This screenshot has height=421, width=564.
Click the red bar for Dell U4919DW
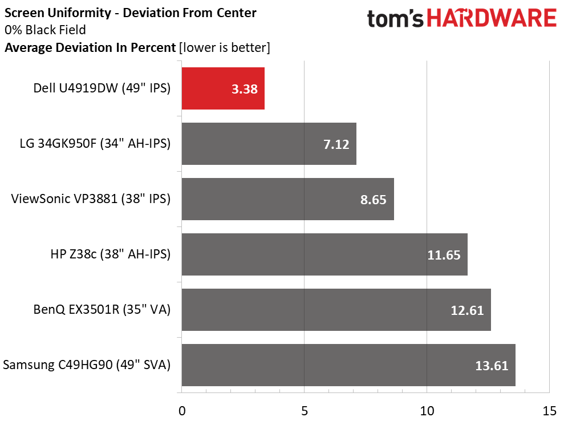pos(222,88)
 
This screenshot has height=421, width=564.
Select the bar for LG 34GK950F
pos(268,144)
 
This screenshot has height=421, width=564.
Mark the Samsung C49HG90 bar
pos(348,365)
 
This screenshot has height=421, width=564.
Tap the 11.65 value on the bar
pos(444,255)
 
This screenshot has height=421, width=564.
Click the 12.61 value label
pos(467,310)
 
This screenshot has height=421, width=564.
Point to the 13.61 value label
pos(492,366)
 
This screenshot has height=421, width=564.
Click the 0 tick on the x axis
pos(182,411)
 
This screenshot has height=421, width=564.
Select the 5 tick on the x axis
pos(304,411)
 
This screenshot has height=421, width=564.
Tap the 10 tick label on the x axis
pos(427,411)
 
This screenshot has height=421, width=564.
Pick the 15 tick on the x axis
pos(549,411)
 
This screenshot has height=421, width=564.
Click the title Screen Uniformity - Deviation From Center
pos(130,12)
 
